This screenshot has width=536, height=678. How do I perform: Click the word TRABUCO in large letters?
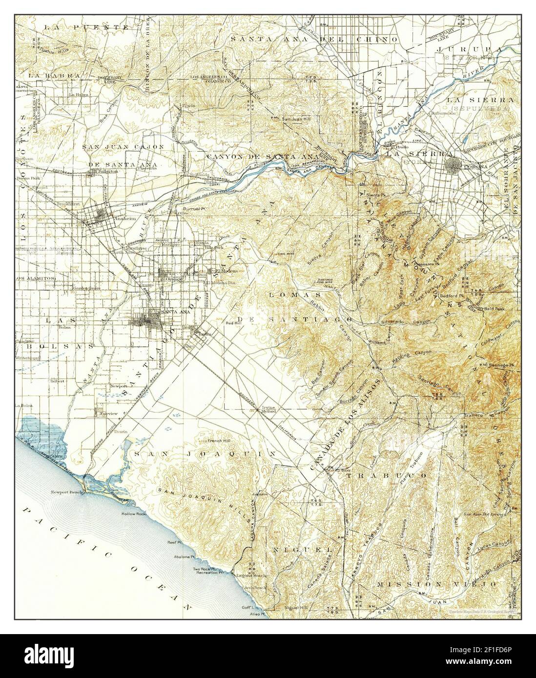pyautogui.click(x=387, y=474)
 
